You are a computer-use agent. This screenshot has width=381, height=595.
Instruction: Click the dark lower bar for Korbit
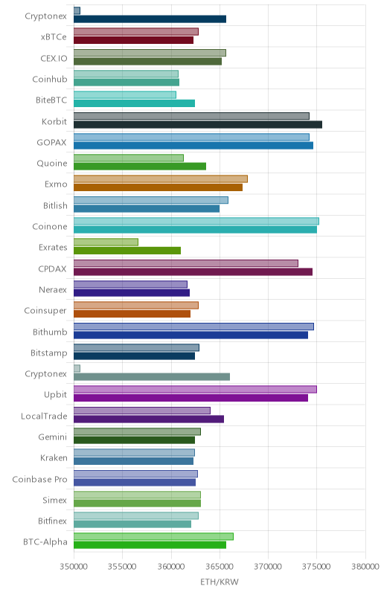pos(198,124)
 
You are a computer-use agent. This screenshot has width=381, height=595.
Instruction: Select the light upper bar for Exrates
pos(106,242)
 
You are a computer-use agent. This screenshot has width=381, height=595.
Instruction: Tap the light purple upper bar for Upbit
pos(195,389)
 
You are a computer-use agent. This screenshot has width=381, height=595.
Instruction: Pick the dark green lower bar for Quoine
pos(140,166)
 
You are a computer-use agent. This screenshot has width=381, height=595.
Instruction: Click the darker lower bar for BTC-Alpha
pos(150,545)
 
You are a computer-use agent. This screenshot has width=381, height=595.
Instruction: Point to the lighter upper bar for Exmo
pos(161,178)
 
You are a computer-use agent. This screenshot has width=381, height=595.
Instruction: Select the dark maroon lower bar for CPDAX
pos(193,271)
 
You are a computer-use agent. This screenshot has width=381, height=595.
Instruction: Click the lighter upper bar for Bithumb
pos(193,327)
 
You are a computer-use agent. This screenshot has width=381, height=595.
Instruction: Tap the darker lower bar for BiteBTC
pos(135,103)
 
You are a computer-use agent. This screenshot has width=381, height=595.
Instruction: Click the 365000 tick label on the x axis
pos(220,567)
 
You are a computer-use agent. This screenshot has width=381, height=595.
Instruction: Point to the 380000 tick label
pos(365,567)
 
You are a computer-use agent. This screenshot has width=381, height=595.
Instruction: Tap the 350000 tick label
pos(74,567)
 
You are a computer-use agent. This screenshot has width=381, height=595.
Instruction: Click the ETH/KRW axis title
pos(220,582)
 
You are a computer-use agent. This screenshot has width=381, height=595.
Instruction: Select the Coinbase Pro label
pos(39,479)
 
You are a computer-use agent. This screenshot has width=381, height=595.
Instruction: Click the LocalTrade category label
pos(44,416)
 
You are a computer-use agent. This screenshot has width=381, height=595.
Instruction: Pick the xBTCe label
pos(54,36)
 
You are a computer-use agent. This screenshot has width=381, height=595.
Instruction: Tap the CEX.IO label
pos(54,59)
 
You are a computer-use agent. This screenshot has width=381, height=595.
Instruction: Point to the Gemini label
pos(52,437)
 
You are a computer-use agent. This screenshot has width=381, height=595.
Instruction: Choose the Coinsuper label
pos(45,311)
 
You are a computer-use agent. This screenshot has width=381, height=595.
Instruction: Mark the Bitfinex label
pos(52,521)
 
